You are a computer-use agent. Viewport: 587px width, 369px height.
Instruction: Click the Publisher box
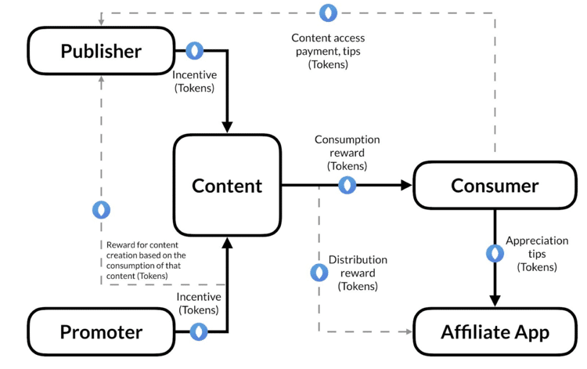[100, 51]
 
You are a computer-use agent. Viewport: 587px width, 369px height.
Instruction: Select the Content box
[227, 186]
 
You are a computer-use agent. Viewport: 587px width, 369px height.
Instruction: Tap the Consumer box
[495, 186]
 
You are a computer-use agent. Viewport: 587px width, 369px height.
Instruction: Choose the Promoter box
[100, 331]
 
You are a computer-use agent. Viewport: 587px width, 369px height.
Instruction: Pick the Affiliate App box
[495, 331]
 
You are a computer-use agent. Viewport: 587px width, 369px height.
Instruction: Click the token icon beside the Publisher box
[194, 51]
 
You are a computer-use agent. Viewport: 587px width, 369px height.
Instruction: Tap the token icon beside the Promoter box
[200, 331]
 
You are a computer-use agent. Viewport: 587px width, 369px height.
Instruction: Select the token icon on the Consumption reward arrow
[347, 186]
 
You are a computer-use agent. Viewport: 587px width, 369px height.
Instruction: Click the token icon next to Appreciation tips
[495, 254]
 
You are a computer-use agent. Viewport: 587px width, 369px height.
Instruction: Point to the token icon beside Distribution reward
[319, 273]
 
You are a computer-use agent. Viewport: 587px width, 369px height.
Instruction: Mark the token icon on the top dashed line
[328, 13]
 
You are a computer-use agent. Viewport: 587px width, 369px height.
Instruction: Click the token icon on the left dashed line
[101, 210]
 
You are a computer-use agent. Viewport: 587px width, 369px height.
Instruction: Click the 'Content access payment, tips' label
[328, 51]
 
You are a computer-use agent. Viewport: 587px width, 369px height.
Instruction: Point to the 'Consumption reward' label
[347, 152]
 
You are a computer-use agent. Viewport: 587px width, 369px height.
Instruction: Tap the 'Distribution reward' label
[358, 273]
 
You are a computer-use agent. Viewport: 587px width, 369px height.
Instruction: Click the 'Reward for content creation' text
[146, 260]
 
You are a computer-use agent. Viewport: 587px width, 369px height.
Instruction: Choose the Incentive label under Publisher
[194, 81]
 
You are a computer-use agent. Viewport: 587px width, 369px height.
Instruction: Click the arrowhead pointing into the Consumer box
[406, 186]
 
